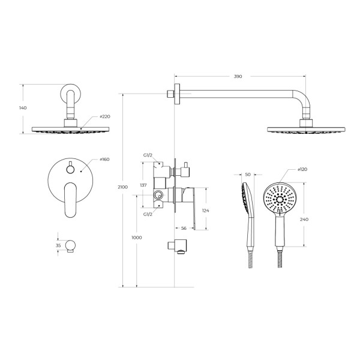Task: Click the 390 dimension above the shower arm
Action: tap(238, 76)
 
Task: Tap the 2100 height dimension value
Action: tap(122, 187)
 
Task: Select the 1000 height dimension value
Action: tap(137, 238)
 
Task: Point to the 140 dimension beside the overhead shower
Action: tap(23, 108)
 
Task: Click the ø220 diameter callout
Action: tap(105, 116)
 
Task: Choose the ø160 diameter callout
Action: tap(104, 160)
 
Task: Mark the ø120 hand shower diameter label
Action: tap(302, 169)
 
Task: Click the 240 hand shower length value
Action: tap(304, 220)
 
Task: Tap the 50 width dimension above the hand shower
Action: tap(248, 175)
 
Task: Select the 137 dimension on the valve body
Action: tap(143, 185)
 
